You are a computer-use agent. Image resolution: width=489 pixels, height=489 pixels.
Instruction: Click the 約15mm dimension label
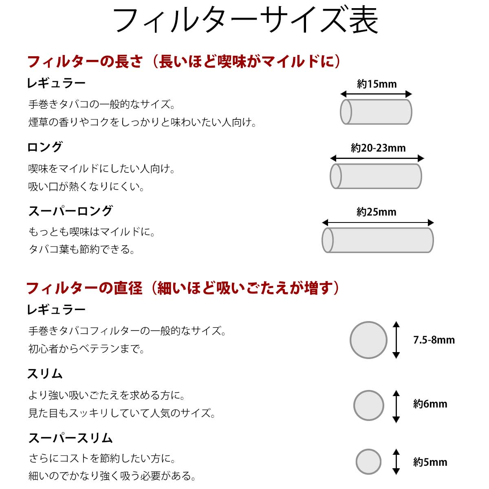pyautogui.click(x=377, y=84)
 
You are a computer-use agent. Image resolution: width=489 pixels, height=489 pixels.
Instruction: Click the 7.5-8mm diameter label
pyautogui.click(x=434, y=340)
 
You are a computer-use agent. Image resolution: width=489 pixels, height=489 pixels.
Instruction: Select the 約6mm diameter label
pyautogui.click(x=430, y=404)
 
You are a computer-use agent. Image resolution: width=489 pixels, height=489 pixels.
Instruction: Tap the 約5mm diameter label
pyautogui.click(x=430, y=462)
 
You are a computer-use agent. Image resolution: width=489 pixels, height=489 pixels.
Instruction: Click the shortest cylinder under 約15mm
pyautogui.click(x=376, y=112)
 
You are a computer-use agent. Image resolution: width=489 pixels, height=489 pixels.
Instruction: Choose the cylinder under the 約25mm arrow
pyautogui.click(x=377, y=240)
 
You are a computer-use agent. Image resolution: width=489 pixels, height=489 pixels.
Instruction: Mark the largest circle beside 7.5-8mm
pyautogui.click(x=368, y=340)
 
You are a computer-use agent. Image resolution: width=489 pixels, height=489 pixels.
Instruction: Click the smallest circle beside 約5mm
pyautogui.click(x=368, y=462)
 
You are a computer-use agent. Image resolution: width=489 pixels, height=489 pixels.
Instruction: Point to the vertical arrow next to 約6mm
pyautogui.click(x=396, y=406)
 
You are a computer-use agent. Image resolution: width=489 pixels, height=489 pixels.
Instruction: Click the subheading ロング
pyautogui.click(x=45, y=147)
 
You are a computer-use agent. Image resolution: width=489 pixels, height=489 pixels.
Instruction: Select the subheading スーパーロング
pyautogui.click(x=70, y=211)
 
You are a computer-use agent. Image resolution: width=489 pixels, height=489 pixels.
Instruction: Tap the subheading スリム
pyautogui.click(x=45, y=374)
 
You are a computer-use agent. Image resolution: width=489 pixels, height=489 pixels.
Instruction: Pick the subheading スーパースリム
pyautogui.click(x=70, y=438)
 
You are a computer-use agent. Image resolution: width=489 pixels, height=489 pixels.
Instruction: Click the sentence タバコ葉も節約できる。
pyautogui.click(x=81, y=249)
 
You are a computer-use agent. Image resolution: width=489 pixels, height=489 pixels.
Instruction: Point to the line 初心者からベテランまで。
pyautogui.click(x=86, y=349)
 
